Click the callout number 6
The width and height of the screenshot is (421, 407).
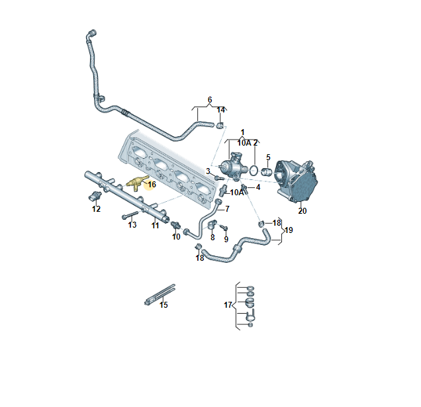[x=210, y=100]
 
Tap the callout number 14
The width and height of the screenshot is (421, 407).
[x=221, y=110]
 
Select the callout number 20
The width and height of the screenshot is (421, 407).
[x=303, y=211]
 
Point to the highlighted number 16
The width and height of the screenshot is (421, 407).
[x=151, y=185]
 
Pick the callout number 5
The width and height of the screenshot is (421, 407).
[x=268, y=158]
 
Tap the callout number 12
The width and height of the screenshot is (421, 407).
[x=96, y=209]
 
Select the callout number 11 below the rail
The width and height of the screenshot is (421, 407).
[x=155, y=225]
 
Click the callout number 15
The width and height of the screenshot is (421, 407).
[x=164, y=305]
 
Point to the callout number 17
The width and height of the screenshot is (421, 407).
[x=228, y=305]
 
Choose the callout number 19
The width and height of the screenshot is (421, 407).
[x=289, y=230]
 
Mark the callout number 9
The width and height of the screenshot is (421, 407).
[x=226, y=239]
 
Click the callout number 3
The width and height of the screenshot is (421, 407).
[x=208, y=171]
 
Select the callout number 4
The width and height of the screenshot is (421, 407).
[x=257, y=187]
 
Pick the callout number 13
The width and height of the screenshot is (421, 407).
[x=132, y=225]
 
